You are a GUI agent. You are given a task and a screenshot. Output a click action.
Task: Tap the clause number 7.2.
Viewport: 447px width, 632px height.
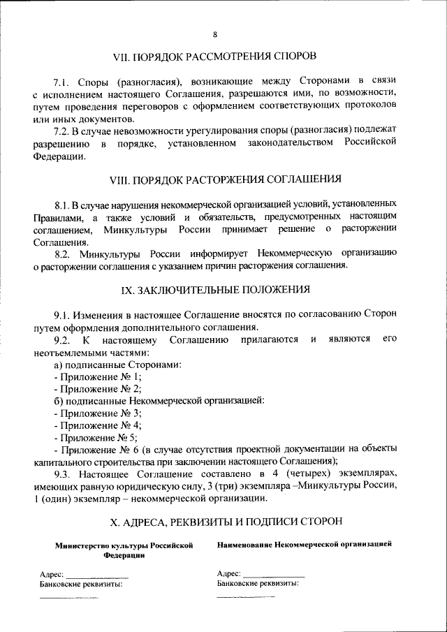point(63,131)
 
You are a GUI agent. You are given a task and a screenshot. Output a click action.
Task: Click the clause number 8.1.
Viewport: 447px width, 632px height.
point(63,205)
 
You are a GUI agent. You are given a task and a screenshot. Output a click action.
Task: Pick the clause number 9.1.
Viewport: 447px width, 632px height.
point(63,314)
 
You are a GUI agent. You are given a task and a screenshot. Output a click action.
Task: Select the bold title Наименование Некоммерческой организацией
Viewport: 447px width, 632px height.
point(304,543)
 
